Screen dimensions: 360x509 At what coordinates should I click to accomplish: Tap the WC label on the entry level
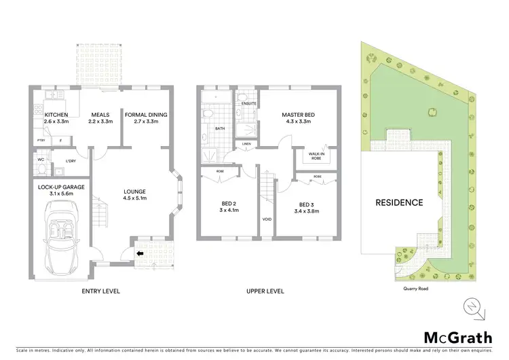[x=41, y=160]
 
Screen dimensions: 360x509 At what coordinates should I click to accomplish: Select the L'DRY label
[x=70, y=160]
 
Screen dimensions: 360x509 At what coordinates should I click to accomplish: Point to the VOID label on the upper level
[x=267, y=219]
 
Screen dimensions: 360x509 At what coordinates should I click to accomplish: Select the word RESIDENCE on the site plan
[x=400, y=202]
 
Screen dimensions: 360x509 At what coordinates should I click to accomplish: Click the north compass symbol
[x=473, y=308]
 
